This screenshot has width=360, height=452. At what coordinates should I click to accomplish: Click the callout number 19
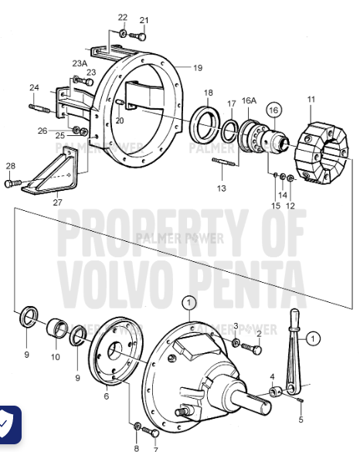198,68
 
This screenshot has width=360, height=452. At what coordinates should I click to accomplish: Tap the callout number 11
311,100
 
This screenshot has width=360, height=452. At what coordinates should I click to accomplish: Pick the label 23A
80,63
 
